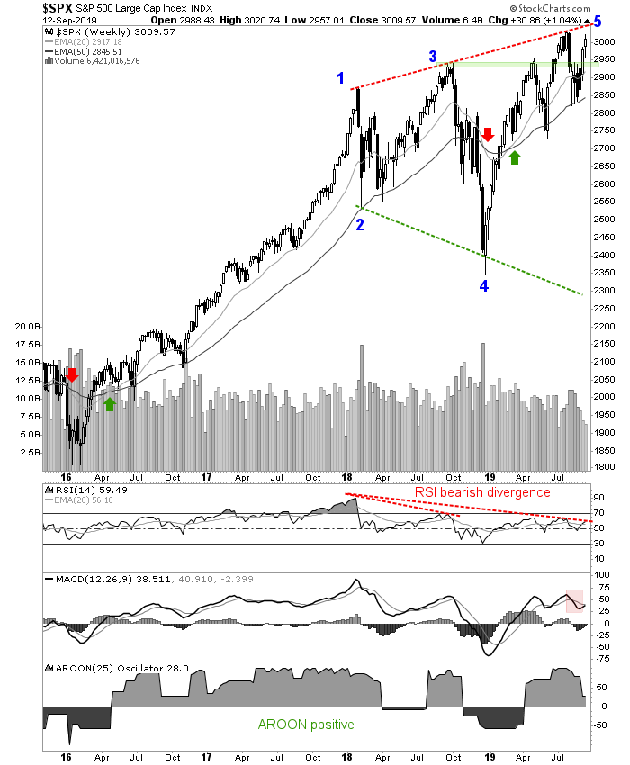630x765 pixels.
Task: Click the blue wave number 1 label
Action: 341,79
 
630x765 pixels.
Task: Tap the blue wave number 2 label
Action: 359,224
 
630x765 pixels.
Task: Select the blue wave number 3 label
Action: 433,58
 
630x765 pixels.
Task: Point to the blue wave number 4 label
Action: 484,286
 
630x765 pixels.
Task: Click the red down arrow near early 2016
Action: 72,373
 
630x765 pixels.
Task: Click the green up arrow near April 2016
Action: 110,404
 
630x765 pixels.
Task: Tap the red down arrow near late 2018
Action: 488,135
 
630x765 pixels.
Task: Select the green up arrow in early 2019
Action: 514,158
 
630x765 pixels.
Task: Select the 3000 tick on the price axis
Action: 604,43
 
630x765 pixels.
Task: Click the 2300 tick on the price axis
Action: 604,291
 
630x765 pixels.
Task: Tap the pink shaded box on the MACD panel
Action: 574,600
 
